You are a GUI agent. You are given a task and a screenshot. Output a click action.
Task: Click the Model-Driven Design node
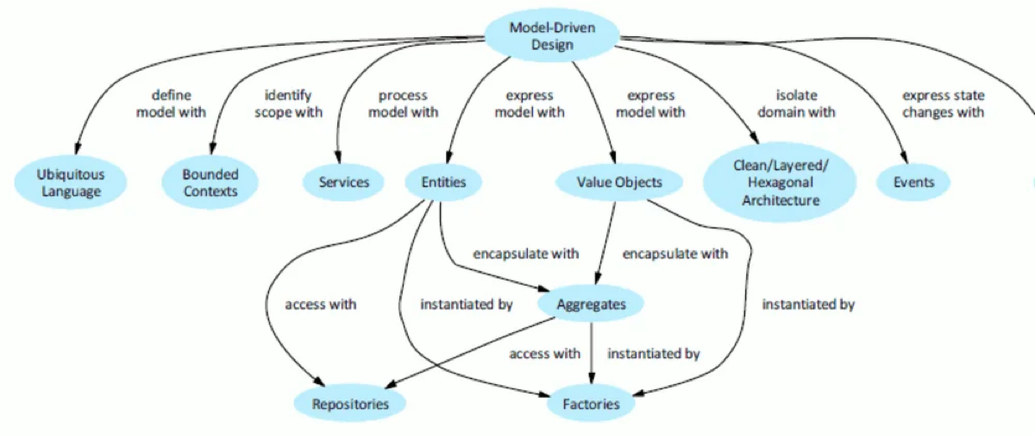[552, 35]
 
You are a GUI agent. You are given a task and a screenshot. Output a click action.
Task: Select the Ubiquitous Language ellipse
[70, 183]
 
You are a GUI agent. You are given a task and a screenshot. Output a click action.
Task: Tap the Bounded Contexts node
[210, 183]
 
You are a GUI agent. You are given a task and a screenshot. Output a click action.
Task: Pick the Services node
[343, 182]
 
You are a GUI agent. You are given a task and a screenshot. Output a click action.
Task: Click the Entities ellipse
[443, 182]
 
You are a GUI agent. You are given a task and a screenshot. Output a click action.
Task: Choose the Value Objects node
[619, 182]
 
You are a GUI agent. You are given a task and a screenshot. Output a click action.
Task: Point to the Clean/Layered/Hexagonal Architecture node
[781, 183]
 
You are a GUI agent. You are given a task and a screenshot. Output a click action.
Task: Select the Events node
[913, 182]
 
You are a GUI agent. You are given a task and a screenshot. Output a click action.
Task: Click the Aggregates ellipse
[591, 304]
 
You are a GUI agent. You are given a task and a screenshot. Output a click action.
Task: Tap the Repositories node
[350, 404]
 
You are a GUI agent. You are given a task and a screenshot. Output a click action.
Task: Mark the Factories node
[591, 404]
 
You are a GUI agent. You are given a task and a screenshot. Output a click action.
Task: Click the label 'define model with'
[171, 104]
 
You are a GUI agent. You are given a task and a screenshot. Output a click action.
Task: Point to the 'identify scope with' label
[288, 104]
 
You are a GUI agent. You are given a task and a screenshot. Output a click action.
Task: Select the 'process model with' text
[403, 104]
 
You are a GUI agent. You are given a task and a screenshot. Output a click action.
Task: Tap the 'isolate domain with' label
[796, 104]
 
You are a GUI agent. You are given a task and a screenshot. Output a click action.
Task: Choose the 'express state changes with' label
[943, 104]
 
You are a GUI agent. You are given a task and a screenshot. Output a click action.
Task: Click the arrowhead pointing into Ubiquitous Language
[77, 148]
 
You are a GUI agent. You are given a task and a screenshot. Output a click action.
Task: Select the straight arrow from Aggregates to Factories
[592, 354]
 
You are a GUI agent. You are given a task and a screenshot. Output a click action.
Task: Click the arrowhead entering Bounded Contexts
[212, 148]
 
